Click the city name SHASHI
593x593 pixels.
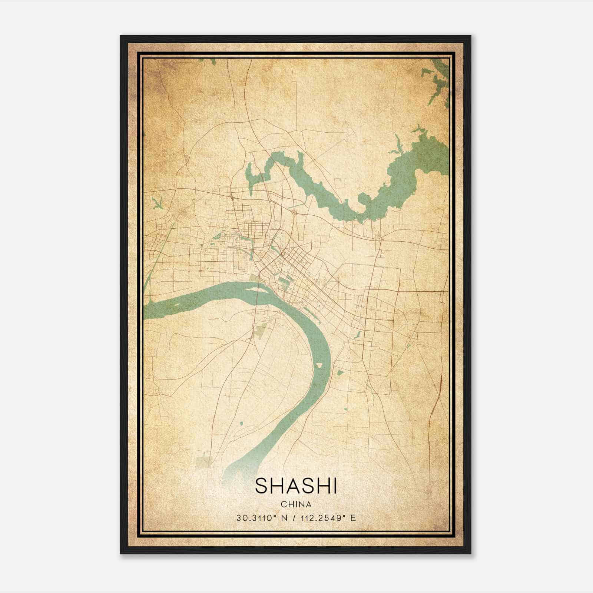[296, 486]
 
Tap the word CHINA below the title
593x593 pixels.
[296, 504]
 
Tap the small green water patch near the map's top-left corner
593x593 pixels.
[212, 61]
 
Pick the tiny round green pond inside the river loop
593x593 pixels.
[241, 423]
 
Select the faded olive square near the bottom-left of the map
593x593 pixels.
[205, 461]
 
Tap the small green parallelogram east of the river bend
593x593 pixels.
[340, 372]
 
